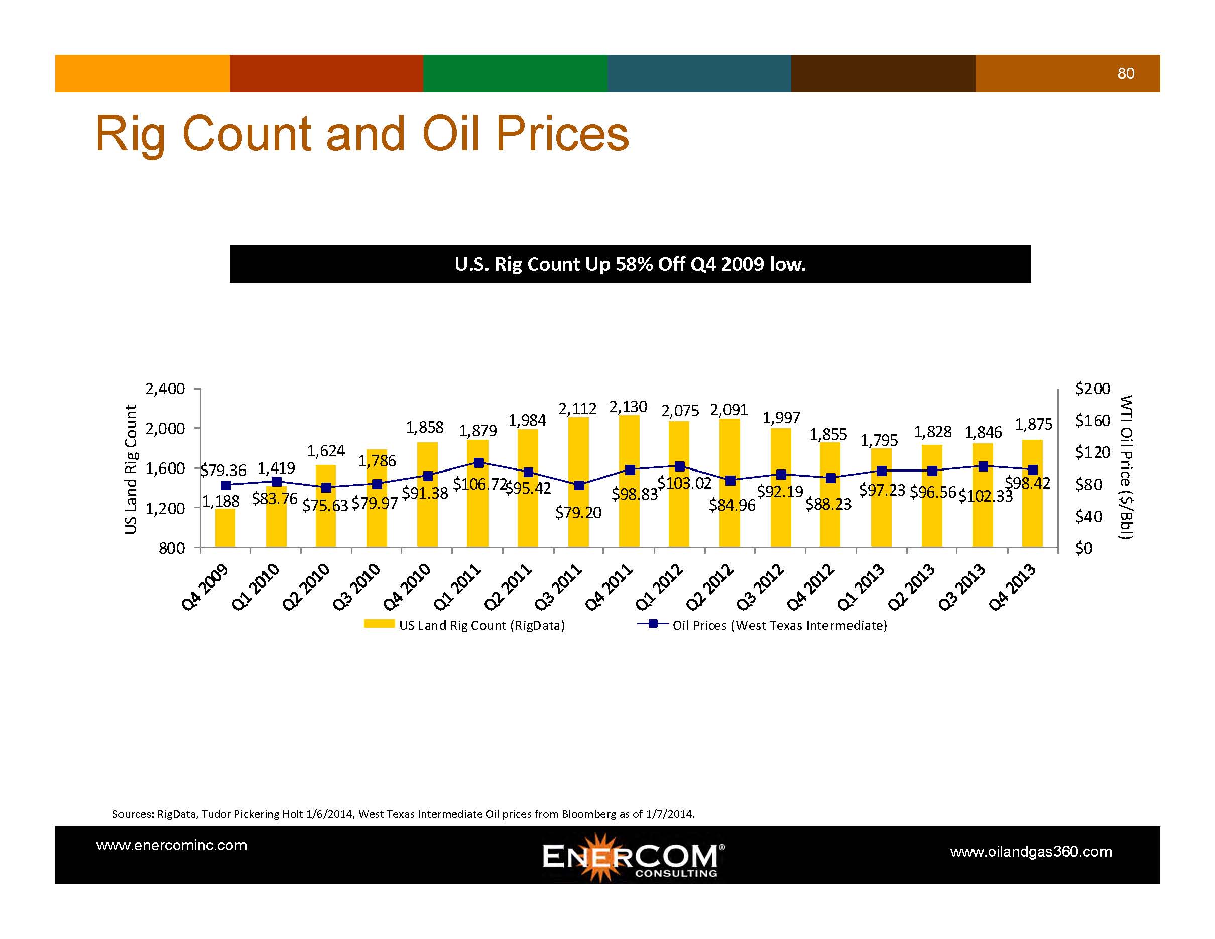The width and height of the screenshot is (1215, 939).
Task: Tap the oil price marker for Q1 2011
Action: (x=478, y=463)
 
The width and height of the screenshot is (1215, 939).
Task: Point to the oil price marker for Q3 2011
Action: (x=579, y=485)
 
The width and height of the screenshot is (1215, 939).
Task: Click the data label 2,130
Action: (x=628, y=407)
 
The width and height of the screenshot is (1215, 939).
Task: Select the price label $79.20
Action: (x=578, y=512)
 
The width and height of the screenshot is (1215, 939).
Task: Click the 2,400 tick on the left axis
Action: (x=165, y=389)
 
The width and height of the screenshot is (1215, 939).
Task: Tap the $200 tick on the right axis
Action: (x=1092, y=388)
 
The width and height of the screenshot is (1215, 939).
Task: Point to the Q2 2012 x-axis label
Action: (x=710, y=587)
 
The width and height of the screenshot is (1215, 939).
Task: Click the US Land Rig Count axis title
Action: (x=131, y=469)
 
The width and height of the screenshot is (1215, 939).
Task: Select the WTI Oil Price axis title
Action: (x=1126, y=467)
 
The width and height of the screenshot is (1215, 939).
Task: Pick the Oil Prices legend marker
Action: (x=653, y=624)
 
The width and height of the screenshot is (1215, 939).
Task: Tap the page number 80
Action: (x=1126, y=73)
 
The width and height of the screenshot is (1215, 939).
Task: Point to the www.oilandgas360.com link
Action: (x=1031, y=852)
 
